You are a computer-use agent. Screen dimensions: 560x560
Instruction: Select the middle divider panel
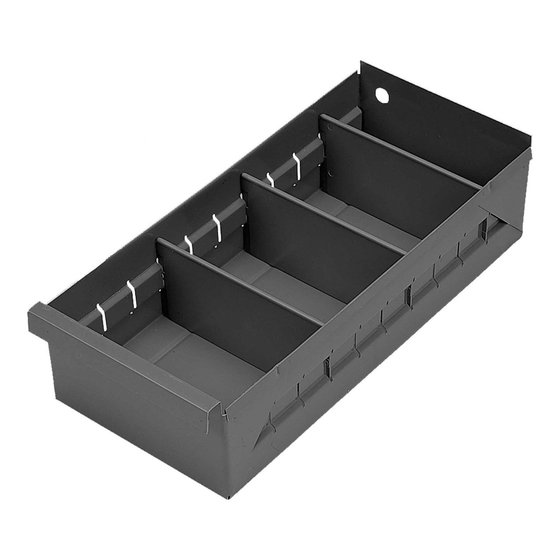(x=322, y=221)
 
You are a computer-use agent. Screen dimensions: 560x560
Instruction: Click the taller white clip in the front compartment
(x=134, y=295)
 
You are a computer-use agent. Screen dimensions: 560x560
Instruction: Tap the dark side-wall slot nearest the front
(x=326, y=366)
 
